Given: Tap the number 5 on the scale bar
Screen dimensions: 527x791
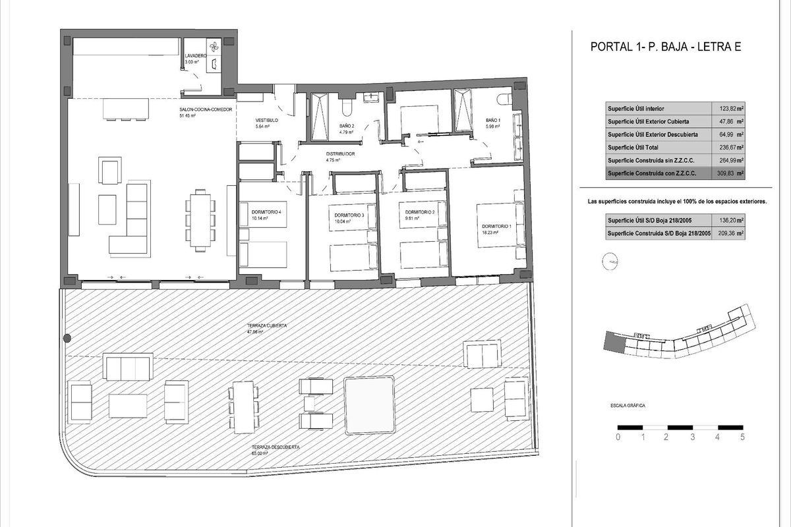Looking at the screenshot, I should [742, 437].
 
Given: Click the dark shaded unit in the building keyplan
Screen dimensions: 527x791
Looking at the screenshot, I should [613, 342].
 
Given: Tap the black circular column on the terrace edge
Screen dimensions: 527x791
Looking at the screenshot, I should [67, 339].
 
